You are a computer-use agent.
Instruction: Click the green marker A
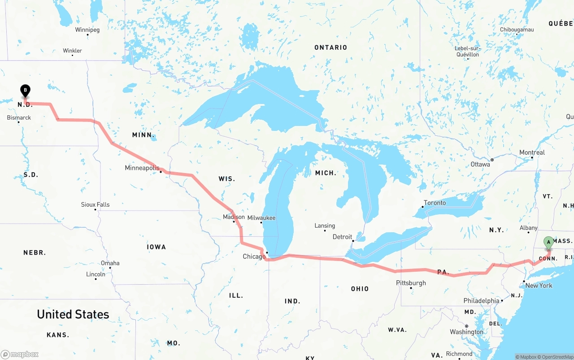click(548, 242)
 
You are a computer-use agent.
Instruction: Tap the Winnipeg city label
click(87, 30)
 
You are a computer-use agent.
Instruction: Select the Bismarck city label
click(19, 118)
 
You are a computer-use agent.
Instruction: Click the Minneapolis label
click(142, 168)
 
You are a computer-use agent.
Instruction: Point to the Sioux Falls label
click(95, 204)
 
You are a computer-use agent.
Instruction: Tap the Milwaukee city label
click(261, 218)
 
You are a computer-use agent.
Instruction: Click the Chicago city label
click(254, 257)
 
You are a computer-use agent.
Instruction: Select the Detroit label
click(343, 237)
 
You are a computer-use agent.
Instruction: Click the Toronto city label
click(435, 203)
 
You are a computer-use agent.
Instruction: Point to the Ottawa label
click(480, 165)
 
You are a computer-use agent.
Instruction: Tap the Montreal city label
click(532, 152)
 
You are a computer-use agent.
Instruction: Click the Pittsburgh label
click(411, 283)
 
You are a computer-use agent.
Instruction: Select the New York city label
click(539, 286)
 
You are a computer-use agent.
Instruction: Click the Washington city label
click(466, 332)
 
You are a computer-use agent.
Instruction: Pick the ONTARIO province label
click(330, 48)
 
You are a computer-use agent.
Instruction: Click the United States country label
click(73, 314)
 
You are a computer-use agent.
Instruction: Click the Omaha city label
click(110, 263)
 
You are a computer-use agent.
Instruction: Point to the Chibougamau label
click(517, 30)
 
